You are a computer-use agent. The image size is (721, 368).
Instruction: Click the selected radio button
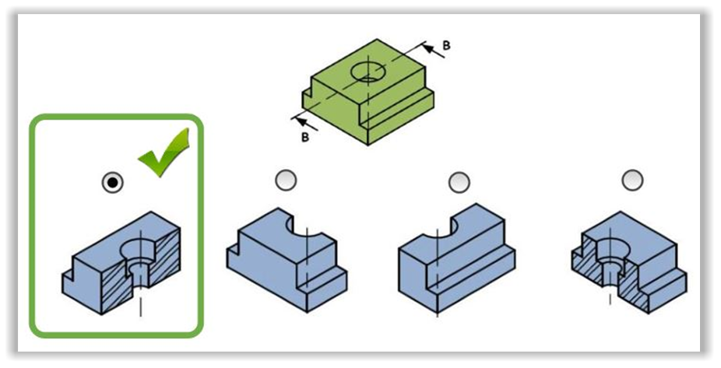[x=113, y=182]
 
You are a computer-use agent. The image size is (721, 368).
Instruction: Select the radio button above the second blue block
[x=286, y=180]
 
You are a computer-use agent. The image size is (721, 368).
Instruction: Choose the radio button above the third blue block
[x=459, y=182]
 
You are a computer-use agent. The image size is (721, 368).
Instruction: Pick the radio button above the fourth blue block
[x=632, y=180]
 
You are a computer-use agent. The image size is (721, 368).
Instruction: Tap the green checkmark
[x=164, y=152]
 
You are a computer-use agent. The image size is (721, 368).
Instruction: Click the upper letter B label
[x=446, y=45]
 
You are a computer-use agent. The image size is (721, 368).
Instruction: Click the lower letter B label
[x=305, y=138]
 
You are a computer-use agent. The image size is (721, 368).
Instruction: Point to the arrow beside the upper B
[x=433, y=51]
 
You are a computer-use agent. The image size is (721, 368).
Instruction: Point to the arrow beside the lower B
[x=305, y=124]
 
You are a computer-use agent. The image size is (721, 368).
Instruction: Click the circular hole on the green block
[x=368, y=72]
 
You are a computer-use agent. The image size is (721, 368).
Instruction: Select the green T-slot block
[x=368, y=92]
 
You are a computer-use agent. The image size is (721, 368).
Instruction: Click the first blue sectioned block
[x=121, y=263]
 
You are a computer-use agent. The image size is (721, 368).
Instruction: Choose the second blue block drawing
[x=287, y=260]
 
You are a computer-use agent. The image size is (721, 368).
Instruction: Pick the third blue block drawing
[x=456, y=258]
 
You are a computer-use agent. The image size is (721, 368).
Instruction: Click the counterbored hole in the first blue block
[x=139, y=262]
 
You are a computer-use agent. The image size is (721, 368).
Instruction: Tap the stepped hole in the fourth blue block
[x=611, y=263]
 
